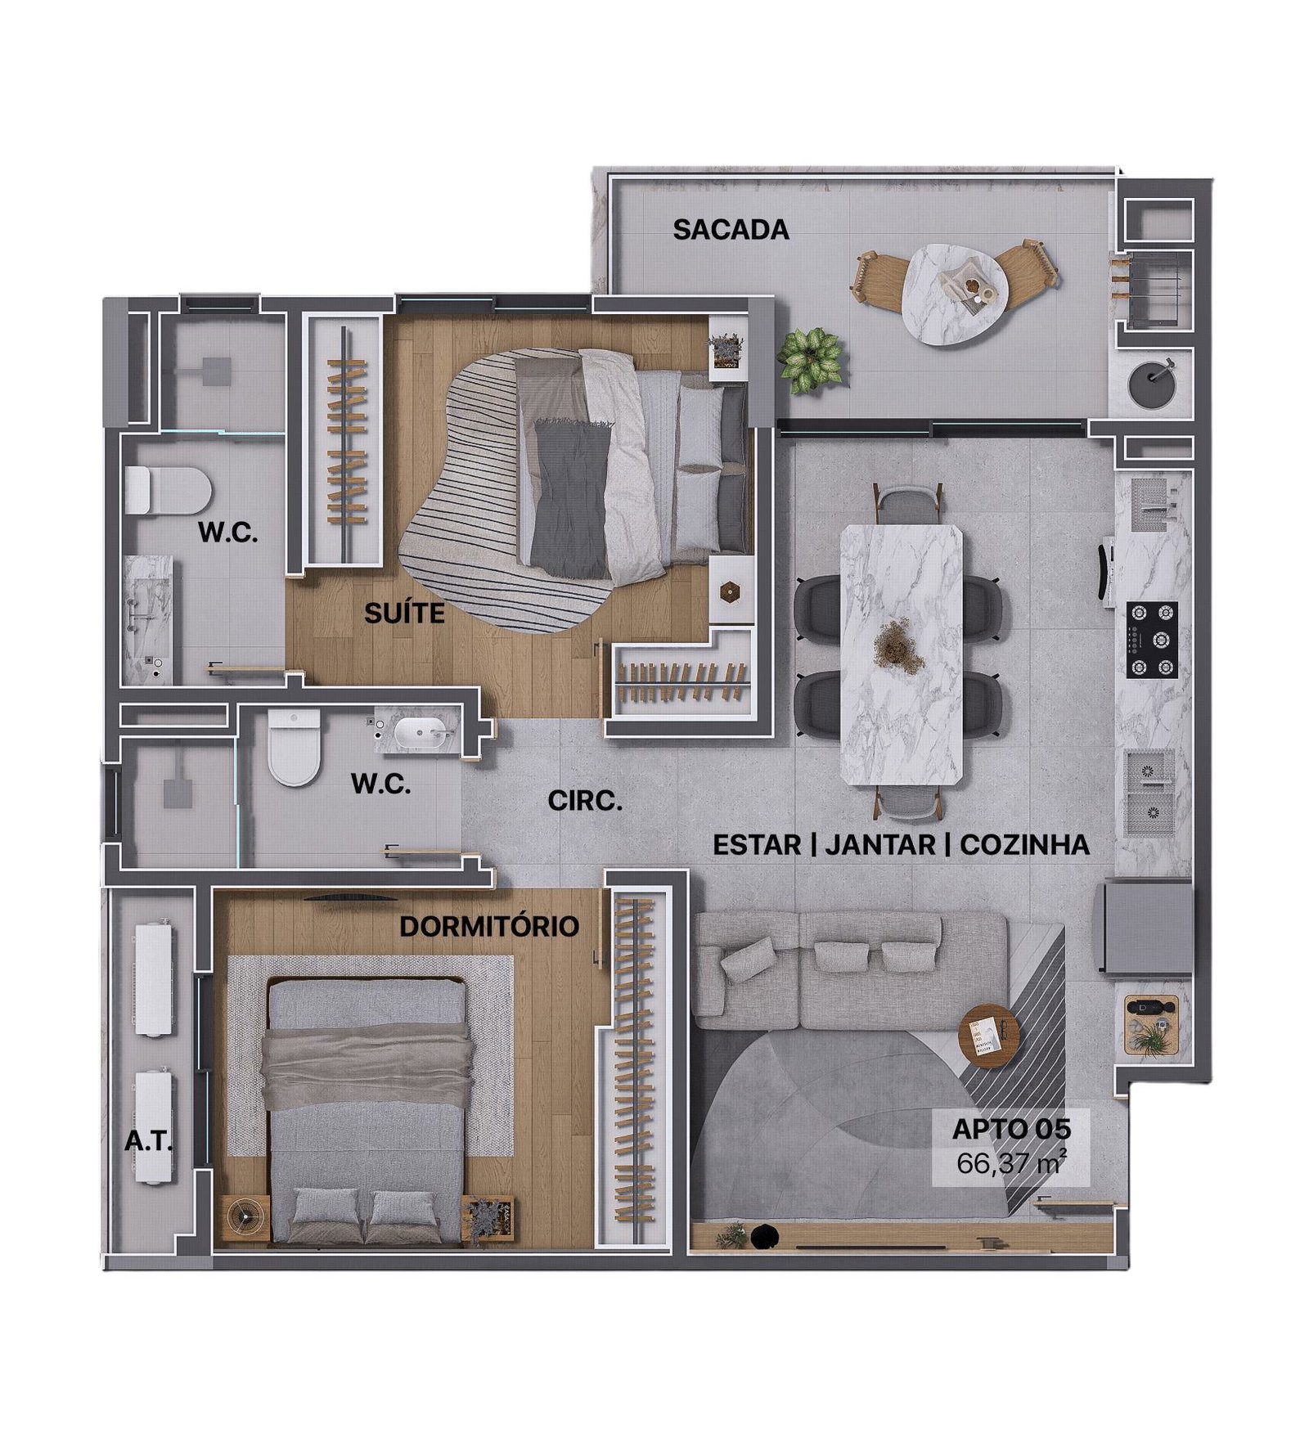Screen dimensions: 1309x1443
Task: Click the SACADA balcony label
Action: [x=731, y=230]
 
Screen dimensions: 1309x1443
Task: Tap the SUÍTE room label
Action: [x=405, y=613]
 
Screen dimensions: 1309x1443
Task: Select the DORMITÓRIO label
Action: [x=489, y=926]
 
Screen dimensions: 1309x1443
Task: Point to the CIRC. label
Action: [x=585, y=801]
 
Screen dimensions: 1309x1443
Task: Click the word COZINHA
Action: [x=1024, y=844]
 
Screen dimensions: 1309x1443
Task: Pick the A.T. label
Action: [x=148, y=1141]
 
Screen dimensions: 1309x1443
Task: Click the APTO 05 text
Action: [x=1011, y=1129]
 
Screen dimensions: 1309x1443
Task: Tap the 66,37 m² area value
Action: [x=1011, y=1162]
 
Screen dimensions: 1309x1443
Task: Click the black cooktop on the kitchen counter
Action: [x=1153, y=640]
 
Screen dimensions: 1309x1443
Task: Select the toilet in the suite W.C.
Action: [x=169, y=490]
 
